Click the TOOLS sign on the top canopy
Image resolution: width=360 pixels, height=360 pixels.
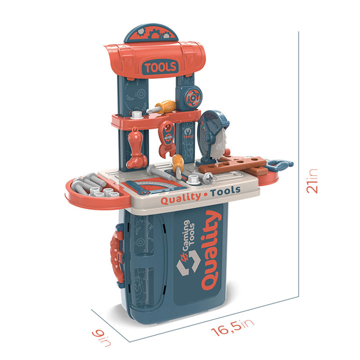160,67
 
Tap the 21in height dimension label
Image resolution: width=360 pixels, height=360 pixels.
312,181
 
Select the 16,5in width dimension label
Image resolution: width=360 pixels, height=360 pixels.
232,327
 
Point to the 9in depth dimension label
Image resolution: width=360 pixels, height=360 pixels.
101,337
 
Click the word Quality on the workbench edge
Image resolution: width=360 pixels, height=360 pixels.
180,198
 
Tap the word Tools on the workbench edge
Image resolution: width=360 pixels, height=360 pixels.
225,191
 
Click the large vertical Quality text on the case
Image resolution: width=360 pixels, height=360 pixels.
211,250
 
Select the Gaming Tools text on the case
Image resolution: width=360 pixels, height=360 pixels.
188,235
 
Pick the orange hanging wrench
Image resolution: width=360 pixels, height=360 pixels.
167,139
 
